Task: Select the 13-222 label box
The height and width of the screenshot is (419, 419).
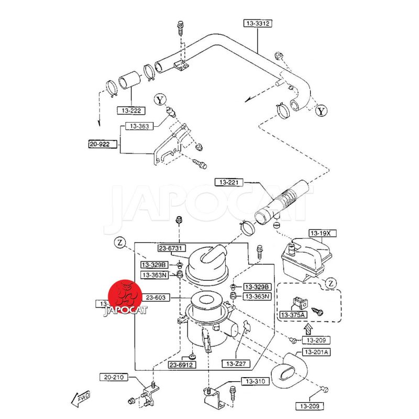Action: pyautogui.click(x=131, y=111)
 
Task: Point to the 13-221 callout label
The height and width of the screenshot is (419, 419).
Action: pyautogui.click(x=229, y=182)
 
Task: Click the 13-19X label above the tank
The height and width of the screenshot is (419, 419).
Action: pyautogui.click(x=320, y=233)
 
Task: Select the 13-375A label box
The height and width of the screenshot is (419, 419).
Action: pyautogui.click(x=292, y=315)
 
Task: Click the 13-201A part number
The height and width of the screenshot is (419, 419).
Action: pyautogui.click(x=316, y=352)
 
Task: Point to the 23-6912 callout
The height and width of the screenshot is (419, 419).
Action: pyautogui.click(x=182, y=365)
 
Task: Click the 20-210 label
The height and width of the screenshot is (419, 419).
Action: pyautogui.click(x=114, y=377)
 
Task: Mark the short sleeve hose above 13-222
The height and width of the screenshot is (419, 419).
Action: pyautogui.click(x=128, y=82)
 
